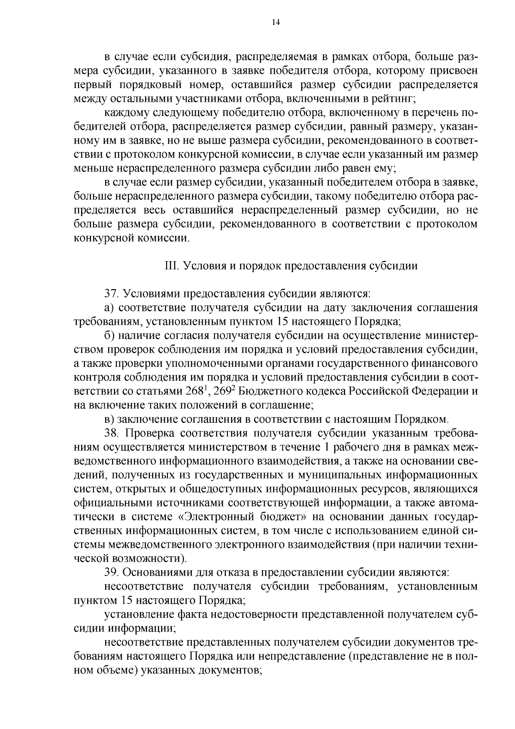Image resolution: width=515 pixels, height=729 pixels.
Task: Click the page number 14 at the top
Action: tap(276, 23)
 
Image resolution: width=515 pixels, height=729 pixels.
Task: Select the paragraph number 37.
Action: tap(112, 294)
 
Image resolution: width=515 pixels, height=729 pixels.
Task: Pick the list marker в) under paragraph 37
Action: tap(109, 419)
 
